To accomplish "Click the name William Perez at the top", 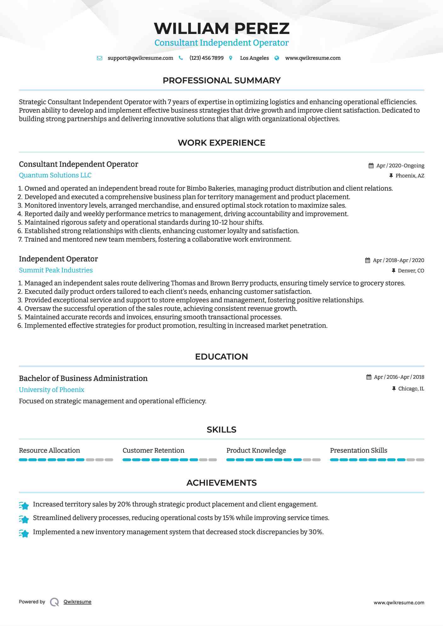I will click(x=221, y=28).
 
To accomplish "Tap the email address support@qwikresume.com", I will click(x=140, y=58).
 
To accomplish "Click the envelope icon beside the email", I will click(x=99, y=58).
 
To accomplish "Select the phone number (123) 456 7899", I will click(x=207, y=58).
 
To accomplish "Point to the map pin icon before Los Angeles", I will click(x=231, y=58).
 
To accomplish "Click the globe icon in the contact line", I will click(x=277, y=58).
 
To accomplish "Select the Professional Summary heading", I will click(x=221, y=81).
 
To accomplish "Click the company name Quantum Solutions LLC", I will click(x=55, y=175).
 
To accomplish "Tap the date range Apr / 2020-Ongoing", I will click(x=400, y=165).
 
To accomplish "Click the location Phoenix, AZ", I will click(x=410, y=176).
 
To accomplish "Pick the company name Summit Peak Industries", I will click(x=56, y=270).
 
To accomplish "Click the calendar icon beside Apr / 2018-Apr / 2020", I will click(x=367, y=260).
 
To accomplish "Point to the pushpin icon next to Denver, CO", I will click(x=393, y=271).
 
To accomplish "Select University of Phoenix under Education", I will click(x=52, y=390).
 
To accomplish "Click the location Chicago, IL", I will click(x=411, y=388).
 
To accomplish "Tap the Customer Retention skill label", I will click(x=153, y=450).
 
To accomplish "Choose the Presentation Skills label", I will click(x=358, y=450).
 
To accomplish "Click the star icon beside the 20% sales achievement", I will click(x=24, y=505).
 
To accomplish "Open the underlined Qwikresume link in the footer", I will click(x=77, y=602).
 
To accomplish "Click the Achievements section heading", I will click(x=221, y=483).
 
